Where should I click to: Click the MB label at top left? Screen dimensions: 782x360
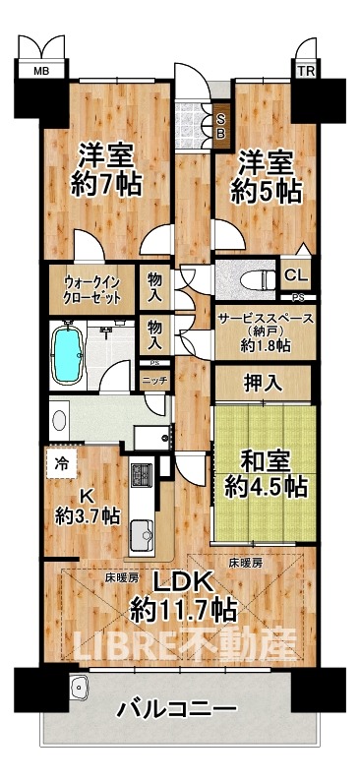[41, 71]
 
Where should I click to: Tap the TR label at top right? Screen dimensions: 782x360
[308, 71]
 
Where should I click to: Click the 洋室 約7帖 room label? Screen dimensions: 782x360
[107, 168]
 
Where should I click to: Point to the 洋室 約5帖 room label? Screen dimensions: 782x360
[264, 175]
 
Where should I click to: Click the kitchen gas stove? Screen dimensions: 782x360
[140, 475]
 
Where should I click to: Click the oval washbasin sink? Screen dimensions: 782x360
[59, 421]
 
